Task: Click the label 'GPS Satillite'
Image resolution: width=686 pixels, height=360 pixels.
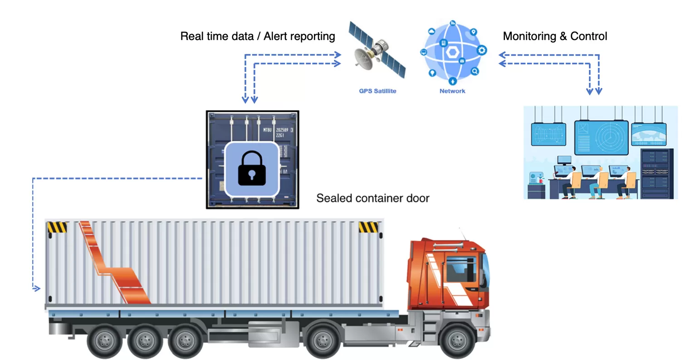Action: coord(377,91)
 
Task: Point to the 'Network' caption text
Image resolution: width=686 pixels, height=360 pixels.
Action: coord(452,91)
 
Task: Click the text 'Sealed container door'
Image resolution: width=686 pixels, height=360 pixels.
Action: coord(372,198)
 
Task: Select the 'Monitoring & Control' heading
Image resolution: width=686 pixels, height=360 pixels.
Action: coord(555,36)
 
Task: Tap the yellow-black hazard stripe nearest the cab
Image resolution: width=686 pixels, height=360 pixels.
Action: coord(368,227)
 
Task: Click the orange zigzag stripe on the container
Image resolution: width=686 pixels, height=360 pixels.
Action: coord(113,268)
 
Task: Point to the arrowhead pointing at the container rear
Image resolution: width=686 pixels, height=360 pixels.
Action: coord(36,288)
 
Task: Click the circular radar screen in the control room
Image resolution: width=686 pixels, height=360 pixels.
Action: coord(609,136)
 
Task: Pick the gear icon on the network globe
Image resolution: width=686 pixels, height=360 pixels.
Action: coord(482,50)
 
